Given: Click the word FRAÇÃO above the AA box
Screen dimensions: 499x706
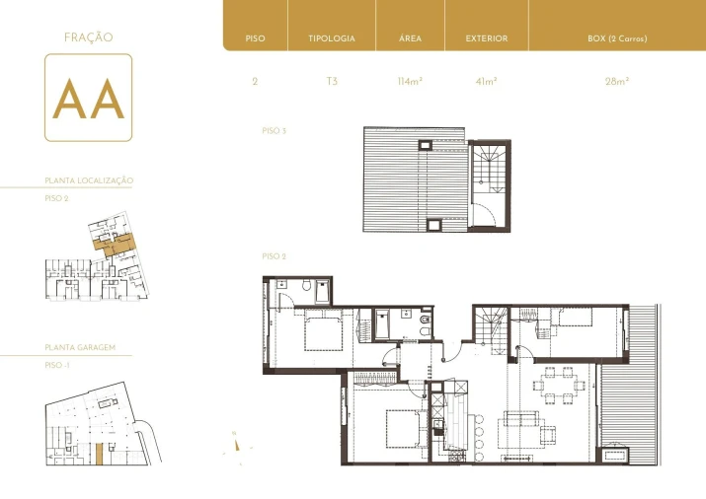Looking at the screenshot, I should click(88, 37).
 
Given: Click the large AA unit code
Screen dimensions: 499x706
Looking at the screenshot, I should click(88, 98).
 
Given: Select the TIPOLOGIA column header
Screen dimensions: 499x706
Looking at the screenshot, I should click(331, 39).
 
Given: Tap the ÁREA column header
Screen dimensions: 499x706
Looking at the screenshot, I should click(410, 39).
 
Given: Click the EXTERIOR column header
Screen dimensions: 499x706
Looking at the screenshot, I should click(486, 39).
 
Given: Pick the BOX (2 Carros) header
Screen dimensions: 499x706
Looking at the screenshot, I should click(617, 39).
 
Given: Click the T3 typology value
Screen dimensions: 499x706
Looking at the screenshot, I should click(331, 82).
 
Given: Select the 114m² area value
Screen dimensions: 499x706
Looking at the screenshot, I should click(410, 82).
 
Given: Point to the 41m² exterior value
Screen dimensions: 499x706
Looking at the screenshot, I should click(486, 82).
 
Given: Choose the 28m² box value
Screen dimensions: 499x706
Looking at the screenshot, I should click(617, 82).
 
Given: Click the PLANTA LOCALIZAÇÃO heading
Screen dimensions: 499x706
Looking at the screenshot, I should click(89, 181).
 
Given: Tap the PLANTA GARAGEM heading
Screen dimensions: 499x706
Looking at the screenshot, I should click(88, 348).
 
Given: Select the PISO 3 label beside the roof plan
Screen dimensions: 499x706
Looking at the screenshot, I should click(274, 130).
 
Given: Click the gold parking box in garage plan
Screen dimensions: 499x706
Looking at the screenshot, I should click(99, 454).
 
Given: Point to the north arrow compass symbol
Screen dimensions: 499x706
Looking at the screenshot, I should click(237, 443).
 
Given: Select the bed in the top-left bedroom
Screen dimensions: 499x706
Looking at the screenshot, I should click(324, 330).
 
